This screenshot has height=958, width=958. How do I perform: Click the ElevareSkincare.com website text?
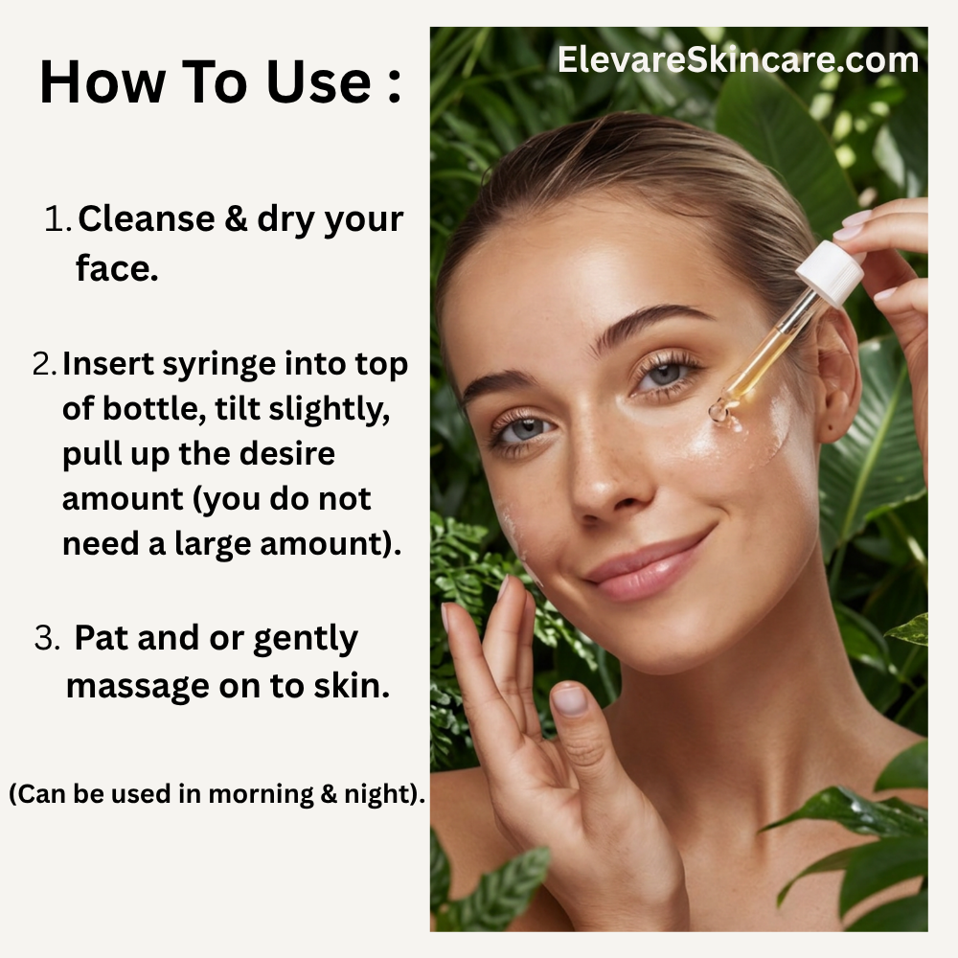pos(738,59)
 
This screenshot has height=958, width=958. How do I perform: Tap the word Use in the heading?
pos(318,81)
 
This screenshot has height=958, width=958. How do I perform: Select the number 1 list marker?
pos(58,218)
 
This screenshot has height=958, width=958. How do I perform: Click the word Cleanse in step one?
pos(146,218)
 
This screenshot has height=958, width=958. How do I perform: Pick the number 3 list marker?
pos(47,638)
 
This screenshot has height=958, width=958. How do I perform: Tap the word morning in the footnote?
pos(261,794)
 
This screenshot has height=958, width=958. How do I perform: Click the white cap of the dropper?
pos(831,272)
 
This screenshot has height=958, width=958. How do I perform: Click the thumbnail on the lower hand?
pos(569,699)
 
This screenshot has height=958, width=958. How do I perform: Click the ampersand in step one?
pos(236,218)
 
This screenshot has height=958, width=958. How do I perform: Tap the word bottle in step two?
pos(153,408)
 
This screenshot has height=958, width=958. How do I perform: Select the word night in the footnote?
pos(379,794)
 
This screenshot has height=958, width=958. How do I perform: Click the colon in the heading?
pos(394,85)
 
